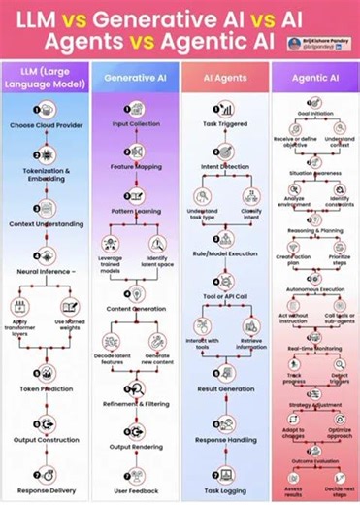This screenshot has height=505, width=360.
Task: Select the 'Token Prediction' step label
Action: click(x=46, y=387)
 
